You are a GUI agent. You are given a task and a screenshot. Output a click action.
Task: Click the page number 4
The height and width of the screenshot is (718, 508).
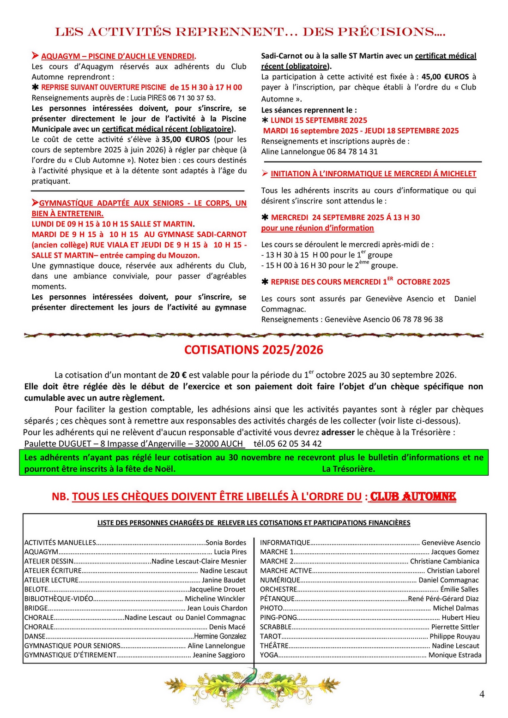point(482,694)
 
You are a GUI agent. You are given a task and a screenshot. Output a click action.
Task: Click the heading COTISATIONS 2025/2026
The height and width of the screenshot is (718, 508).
point(254,350)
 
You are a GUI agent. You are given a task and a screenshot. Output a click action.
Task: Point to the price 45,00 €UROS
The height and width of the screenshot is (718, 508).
point(445,77)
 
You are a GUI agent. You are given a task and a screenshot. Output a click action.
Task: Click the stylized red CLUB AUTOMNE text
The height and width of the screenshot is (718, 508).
point(413,497)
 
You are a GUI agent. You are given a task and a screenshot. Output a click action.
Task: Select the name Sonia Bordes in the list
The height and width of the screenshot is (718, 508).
point(226,543)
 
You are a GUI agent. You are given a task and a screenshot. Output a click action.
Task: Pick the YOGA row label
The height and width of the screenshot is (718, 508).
point(269,655)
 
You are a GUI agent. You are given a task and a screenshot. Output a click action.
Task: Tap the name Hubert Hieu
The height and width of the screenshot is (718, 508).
point(460,617)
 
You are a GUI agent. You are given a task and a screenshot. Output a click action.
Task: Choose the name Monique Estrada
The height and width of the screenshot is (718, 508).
point(455,655)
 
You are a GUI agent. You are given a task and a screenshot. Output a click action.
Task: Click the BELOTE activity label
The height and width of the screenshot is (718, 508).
point(36,589)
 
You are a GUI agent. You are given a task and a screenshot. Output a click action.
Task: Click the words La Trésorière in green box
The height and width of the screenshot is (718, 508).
point(348,469)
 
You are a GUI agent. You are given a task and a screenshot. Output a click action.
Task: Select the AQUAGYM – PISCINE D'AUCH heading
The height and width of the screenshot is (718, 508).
point(118,56)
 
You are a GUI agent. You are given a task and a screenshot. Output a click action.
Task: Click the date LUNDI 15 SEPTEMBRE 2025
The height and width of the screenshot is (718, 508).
point(319,120)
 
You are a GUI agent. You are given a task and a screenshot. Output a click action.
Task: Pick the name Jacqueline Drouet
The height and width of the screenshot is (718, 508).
point(218,589)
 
